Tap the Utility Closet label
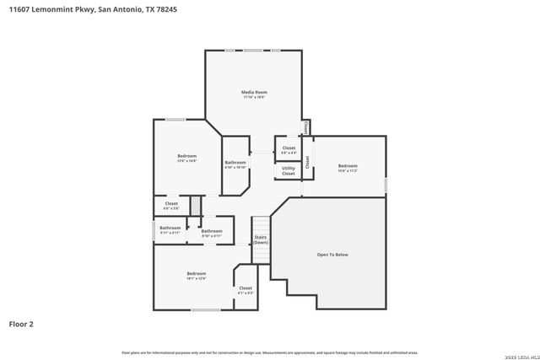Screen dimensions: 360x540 pyautogui.click(x=289, y=171)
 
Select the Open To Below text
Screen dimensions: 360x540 pyautogui.click(x=332, y=254)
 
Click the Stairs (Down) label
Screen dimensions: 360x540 pyautogui.click(x=261, y=239)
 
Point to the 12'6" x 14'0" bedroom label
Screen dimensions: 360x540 pyautogui.click(x=186, y=158)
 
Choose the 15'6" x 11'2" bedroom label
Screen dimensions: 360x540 pyautogui.click(x=348, y=168)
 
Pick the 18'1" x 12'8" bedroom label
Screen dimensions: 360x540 pyautogui.click(x=197, y=276)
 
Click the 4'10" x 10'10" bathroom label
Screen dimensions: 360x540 pyautogui.click(x=235, y=164)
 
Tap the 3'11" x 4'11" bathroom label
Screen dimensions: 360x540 pyautogui.click(x=170, y=229)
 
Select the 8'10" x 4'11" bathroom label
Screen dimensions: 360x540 pyautogui.click(x=211, y=233)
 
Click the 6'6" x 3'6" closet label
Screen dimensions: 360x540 pyautogui.click(x=171, y=205)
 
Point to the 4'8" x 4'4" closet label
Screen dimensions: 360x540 pyautogui.click(x=289, y=150)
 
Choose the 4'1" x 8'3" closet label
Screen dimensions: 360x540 pyautogui.click(x=246, y=290)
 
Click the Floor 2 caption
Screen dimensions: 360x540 pyautogui.click(x=21, y=323)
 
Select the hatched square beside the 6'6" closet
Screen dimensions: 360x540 pyautogui.click(x=195, y=205)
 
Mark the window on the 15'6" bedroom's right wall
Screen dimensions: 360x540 pyautogui.click(x=386, y=183)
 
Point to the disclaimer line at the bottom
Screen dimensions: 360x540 pyautogui.click(x=269, y=352)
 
